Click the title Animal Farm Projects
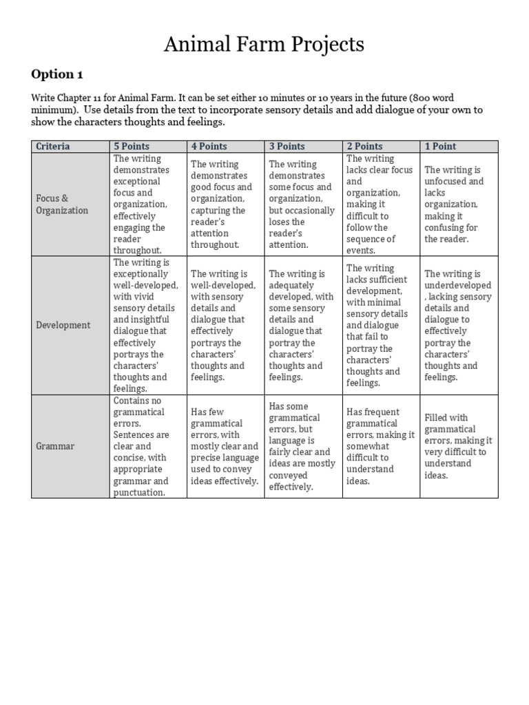tap(264, 45)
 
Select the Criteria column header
tap(53, 146)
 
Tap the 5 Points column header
tap(132, 146)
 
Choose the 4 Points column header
tap(209, 146)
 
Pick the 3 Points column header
tap(287, 146)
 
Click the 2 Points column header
tap(364, 146)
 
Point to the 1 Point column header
tap(440, 146)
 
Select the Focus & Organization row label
tap(62, 204)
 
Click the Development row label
tap(63, 325)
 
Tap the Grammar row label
tap(55, 446)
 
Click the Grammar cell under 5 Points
tap(148, 446)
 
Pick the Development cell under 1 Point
tap(458, 325)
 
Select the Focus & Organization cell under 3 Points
tap(303, 204)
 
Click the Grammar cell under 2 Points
tap(380, 446)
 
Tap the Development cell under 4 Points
tap(225, 325)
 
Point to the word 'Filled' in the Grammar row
tap(437, 417)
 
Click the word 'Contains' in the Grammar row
tap(131, 400)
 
